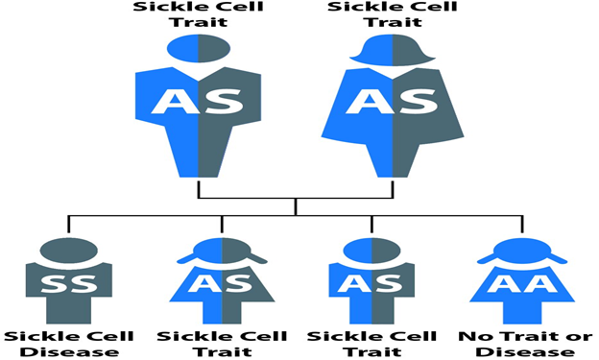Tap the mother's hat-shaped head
click(x=391, y=49)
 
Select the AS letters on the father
click(x=198, y=103)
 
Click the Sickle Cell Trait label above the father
click(x=198, y=14)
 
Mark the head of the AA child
click(x=521, y=252)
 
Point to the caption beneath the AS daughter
click(x=221, y=343)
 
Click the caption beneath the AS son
click(x=371, y=343)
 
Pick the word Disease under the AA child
click(x=521, y=351)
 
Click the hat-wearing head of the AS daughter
click(x=221, y=252)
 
